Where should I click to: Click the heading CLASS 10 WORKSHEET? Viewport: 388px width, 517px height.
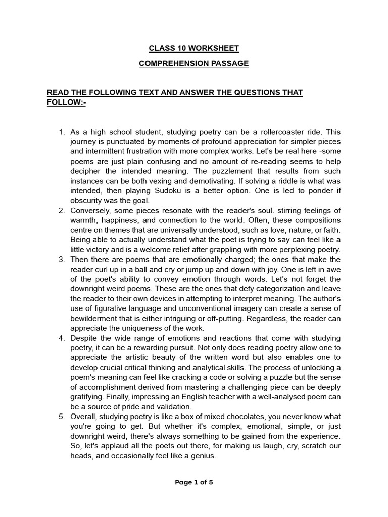point(193,48)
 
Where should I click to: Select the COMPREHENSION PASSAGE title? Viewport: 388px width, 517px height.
point(193,63)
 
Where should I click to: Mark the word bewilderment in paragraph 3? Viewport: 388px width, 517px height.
point(96,318)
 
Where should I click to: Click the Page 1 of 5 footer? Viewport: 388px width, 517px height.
point(193,482)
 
